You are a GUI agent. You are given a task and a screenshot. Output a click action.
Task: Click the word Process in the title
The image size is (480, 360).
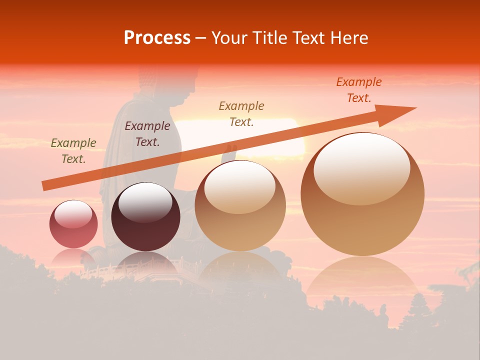[x=157, y=38]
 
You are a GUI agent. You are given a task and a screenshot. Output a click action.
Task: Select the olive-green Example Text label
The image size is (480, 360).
[x=73, y=151]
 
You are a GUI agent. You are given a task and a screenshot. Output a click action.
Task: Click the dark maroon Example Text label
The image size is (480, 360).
[x=147, y=134]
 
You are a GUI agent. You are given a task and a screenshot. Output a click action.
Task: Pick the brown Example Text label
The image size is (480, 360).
[x=241, y=114]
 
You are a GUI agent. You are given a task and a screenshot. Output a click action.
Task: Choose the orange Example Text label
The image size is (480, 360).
[x=359, y=90]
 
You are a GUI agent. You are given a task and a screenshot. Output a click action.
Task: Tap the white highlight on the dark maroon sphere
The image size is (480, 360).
[x=145, y=202]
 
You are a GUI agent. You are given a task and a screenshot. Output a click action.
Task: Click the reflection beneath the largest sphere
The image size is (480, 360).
[x=362, y=280]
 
